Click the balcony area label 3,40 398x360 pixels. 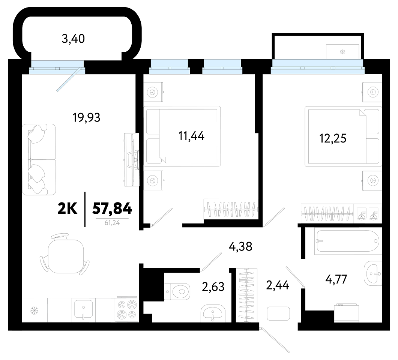tap(73, 39)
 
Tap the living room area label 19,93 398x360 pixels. tap(87, 118)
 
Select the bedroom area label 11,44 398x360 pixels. tap(191, 136)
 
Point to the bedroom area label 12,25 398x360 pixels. tap(333, 138)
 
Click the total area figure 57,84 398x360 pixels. tap(112, 208)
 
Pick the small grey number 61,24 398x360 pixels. tap(112, 223)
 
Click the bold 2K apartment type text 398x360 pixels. tap(68, 208)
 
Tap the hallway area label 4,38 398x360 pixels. tap(240, 246)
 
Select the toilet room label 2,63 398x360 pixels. tap(213, 286)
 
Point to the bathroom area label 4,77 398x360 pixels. tap(336, 279)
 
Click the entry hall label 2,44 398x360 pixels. tap(277, 285)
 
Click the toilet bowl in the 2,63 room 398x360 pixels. tap(177, 292)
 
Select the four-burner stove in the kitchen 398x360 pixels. tap(127, 310)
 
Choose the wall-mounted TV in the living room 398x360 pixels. tap(132, 160)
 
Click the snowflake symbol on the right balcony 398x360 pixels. tap(342, 52)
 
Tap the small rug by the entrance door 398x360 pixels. tap(278, 313)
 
